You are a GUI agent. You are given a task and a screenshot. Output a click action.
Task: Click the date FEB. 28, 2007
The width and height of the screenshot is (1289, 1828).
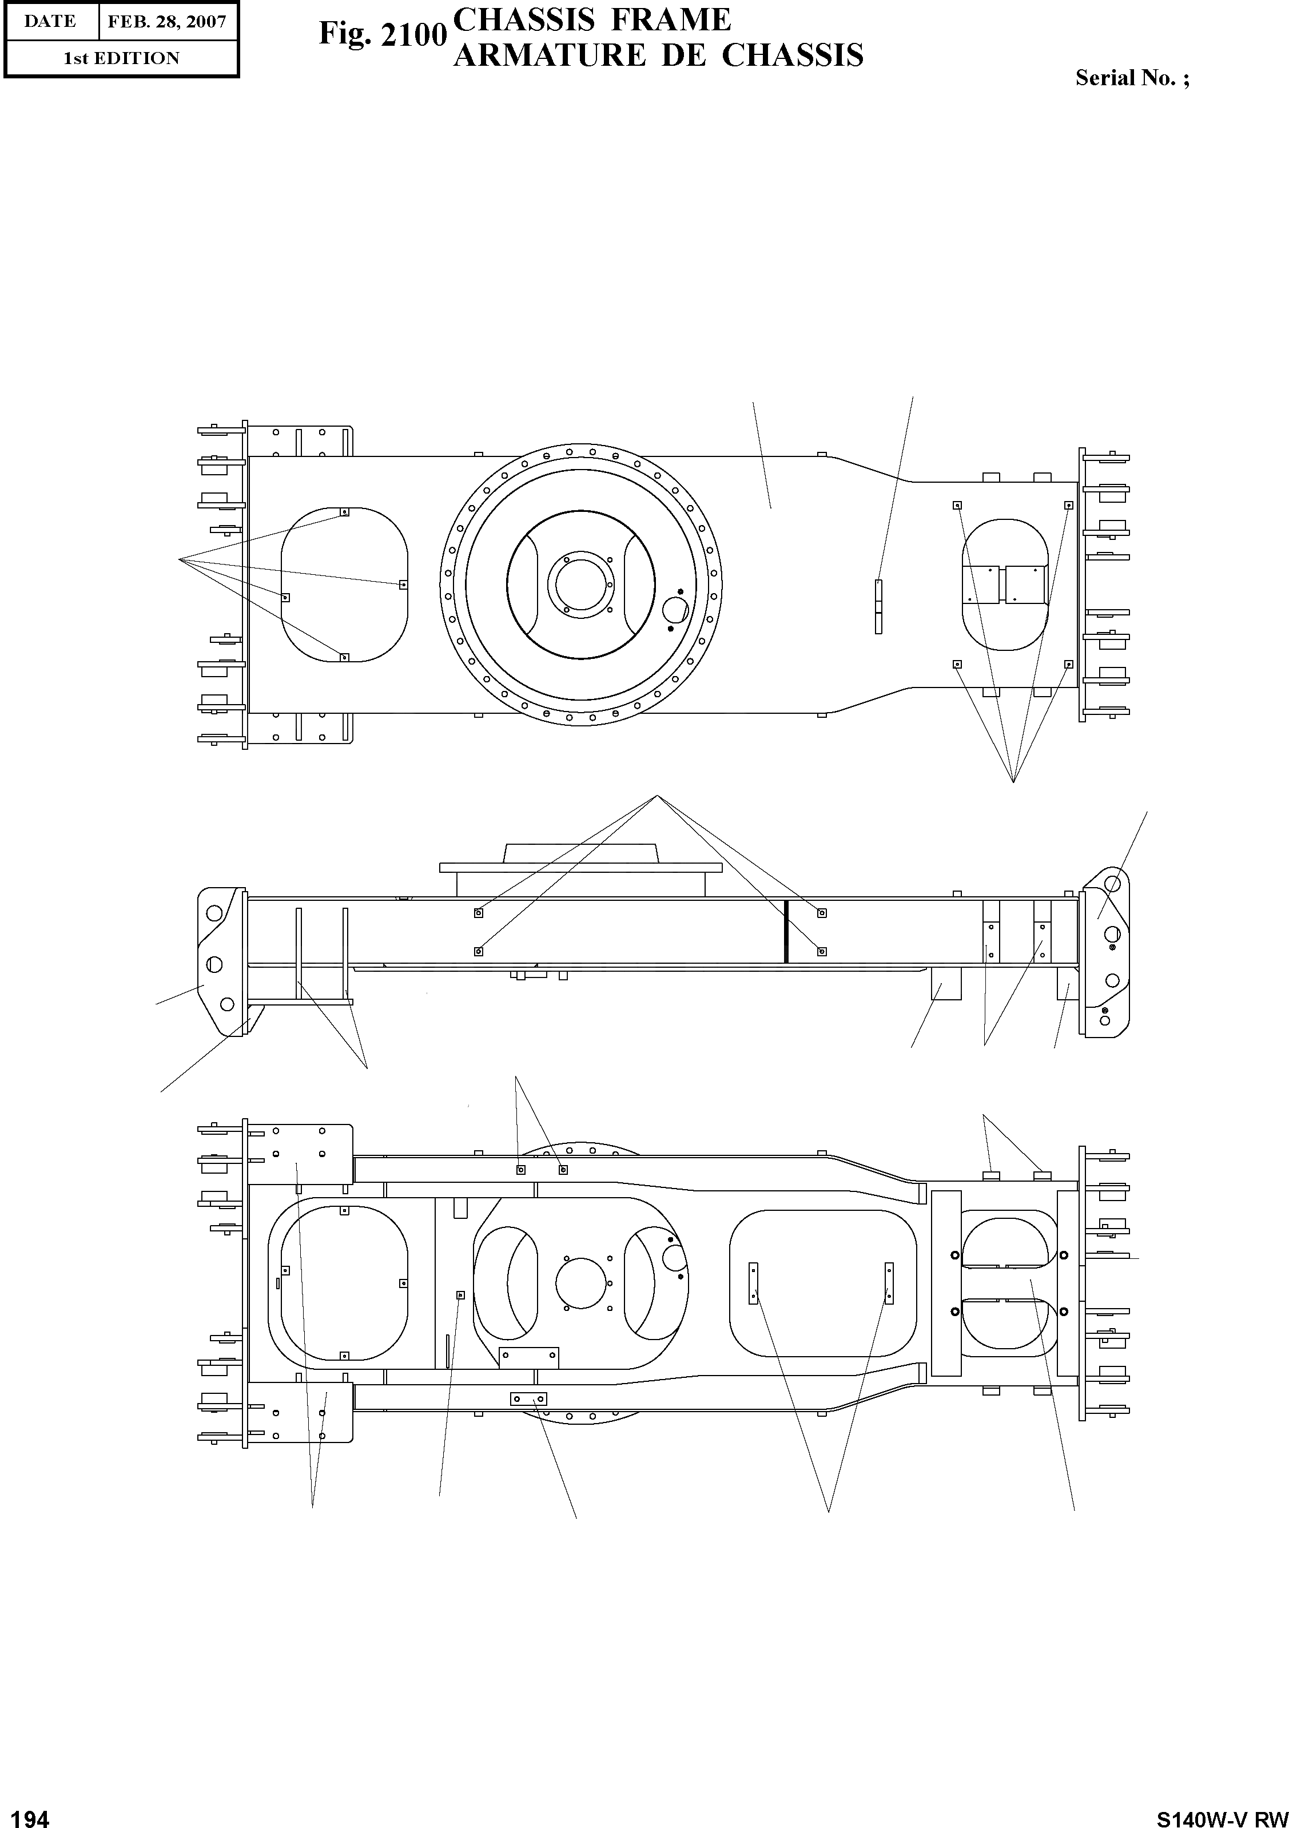167,22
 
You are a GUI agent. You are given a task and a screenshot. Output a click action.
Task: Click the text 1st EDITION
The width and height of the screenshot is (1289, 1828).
121,58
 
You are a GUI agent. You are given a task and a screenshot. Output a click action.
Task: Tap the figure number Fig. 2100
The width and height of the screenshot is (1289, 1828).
382,34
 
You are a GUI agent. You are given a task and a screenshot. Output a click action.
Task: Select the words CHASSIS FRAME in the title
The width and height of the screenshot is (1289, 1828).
591,20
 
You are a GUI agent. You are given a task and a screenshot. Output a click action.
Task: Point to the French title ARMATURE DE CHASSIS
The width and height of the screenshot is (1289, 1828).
658,55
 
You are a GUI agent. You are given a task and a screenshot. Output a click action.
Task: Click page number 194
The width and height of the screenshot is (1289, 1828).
26,1818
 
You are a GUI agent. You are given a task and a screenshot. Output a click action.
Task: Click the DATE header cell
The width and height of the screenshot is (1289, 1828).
50,22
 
